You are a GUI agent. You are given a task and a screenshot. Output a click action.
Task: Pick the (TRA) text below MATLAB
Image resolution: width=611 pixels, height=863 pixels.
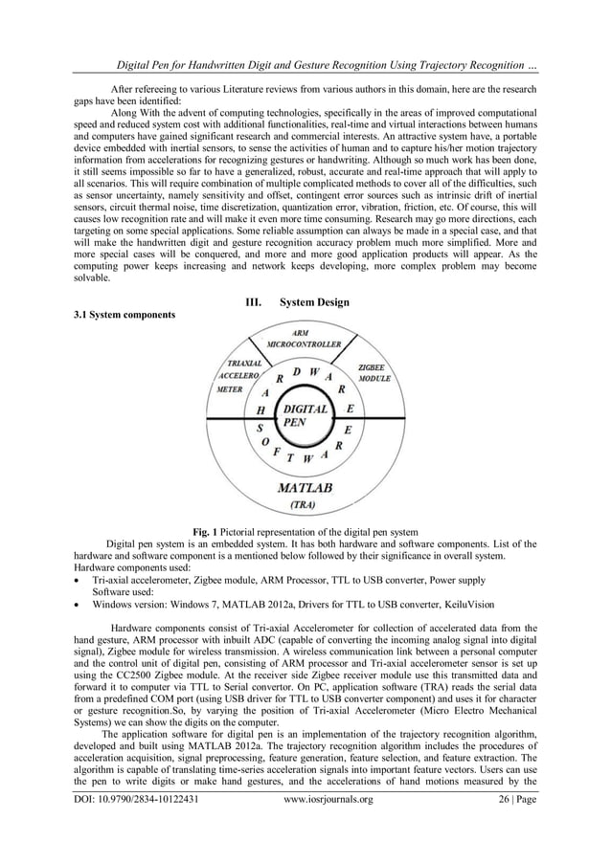(x=304, y=503)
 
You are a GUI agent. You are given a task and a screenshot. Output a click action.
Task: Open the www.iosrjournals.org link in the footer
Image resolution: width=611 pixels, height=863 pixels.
(x=329, y=845)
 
